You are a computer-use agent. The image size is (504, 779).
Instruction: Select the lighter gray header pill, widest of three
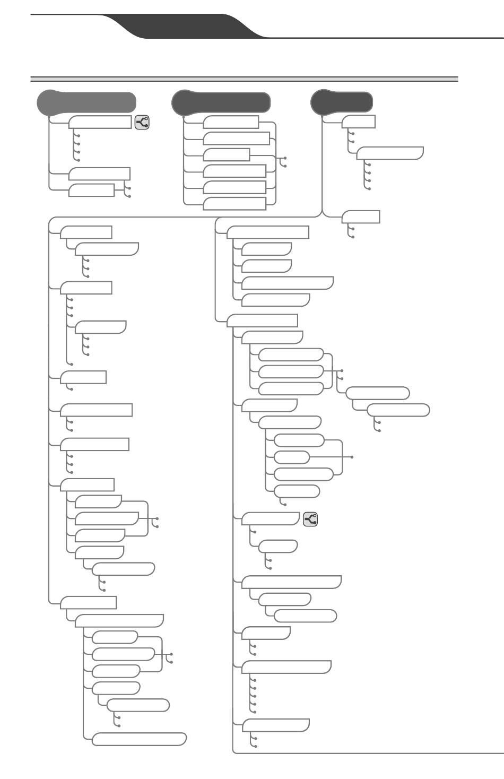[86, 102]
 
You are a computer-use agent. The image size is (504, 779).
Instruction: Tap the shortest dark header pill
[342, 102]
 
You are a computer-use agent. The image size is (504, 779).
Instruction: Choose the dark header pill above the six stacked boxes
[221, 102]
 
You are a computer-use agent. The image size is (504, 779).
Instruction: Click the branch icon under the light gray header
[142, 123]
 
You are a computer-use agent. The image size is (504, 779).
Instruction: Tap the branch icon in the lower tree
[310, 519]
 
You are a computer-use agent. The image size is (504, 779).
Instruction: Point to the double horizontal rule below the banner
[244, 79]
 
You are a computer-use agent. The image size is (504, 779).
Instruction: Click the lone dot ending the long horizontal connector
[352, 457]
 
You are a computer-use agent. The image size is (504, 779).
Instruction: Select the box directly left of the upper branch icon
[100, 123]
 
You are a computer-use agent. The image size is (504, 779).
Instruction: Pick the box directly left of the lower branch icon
[271, 519]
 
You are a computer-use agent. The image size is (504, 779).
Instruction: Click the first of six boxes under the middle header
[231, 123]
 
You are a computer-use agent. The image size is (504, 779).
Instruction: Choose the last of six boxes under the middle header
[234, 204]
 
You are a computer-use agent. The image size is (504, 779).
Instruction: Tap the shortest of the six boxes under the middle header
[227, 155]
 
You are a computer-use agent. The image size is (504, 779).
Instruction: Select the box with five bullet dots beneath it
[286, 667]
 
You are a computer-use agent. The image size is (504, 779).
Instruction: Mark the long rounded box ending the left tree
[139, 739]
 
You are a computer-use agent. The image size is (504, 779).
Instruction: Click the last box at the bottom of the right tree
[276, 725]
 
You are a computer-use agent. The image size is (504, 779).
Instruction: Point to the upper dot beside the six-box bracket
[285, 158]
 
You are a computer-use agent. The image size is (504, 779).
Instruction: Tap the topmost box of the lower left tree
[86, 232]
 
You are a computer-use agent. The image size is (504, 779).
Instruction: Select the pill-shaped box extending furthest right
[398, 410]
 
